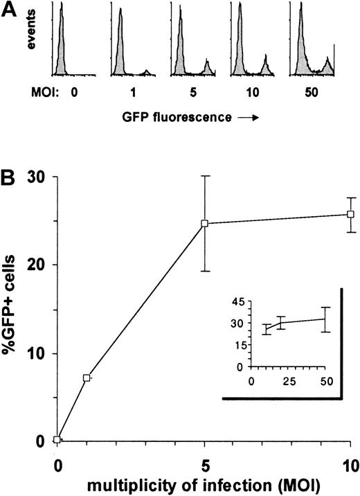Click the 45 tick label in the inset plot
pyautogui.click(x=237, y=301)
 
